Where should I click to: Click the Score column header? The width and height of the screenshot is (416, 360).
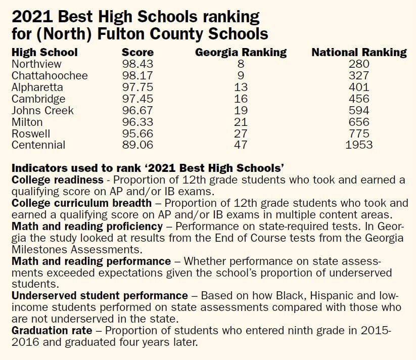click(x=137, y=53)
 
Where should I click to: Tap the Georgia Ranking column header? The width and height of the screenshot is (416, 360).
click(x=241, y=53)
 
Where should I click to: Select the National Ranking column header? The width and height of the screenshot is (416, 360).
click(x=359, y=53)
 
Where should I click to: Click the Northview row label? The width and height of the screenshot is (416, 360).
click(x=36, y=64)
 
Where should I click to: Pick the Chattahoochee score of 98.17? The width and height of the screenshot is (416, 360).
click(x=137, y=76)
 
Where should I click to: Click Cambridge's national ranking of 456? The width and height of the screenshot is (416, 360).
click(x=359, y=99)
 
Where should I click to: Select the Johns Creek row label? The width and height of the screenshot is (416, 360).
click(x=42, y=111)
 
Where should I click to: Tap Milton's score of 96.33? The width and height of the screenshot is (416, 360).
click(x=137, y=122)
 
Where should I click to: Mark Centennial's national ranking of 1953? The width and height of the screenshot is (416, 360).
click(x=359, y=146)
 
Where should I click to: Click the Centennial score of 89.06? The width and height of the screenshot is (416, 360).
click(x=137, y=146)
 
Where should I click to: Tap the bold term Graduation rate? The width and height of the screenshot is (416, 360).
click(x=50, y=331)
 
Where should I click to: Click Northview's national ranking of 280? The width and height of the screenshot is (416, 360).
click(x=359, y=64)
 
